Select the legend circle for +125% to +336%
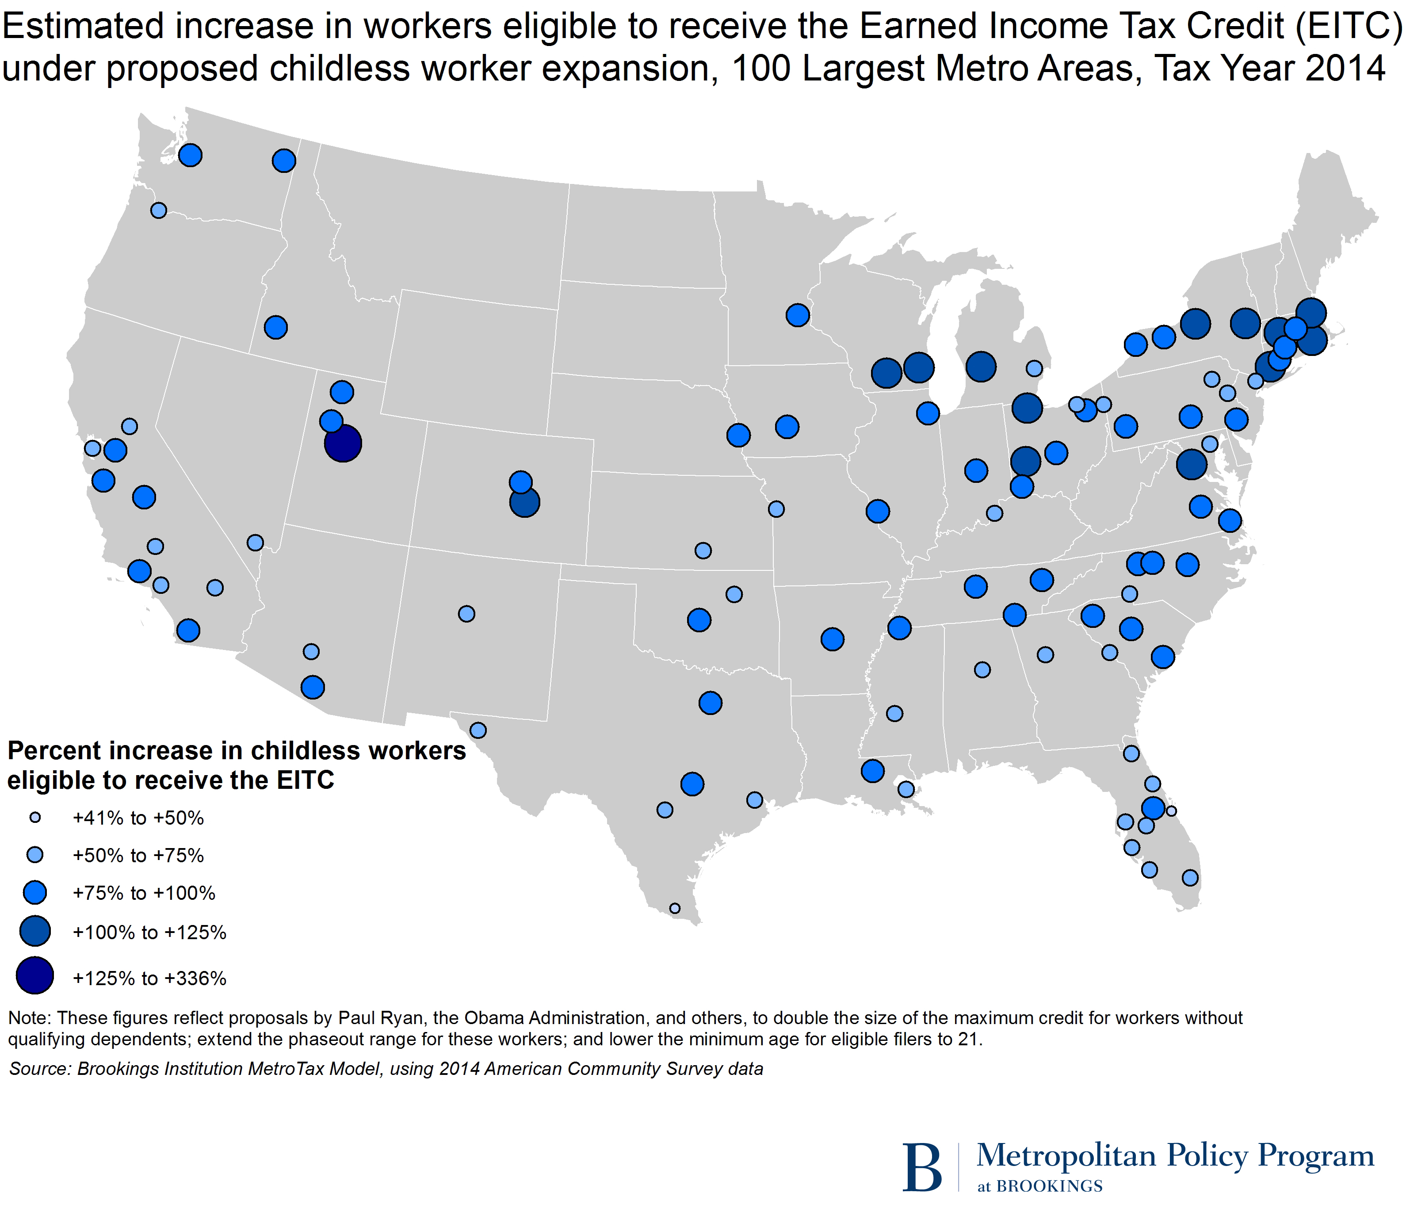point(34,975)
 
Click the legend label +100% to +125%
point(149,933)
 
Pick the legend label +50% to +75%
point(138,855)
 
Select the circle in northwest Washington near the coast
point(190,155)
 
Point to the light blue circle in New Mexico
point(466,613)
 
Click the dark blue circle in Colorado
point(524,503)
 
